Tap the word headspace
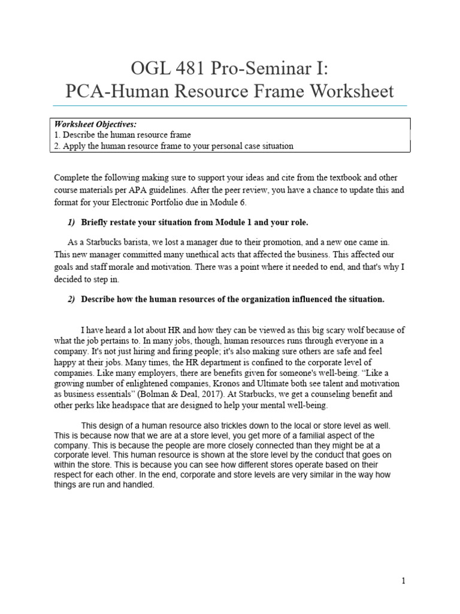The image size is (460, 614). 143,405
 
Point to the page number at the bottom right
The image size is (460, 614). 404,581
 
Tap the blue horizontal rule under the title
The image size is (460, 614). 230,106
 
